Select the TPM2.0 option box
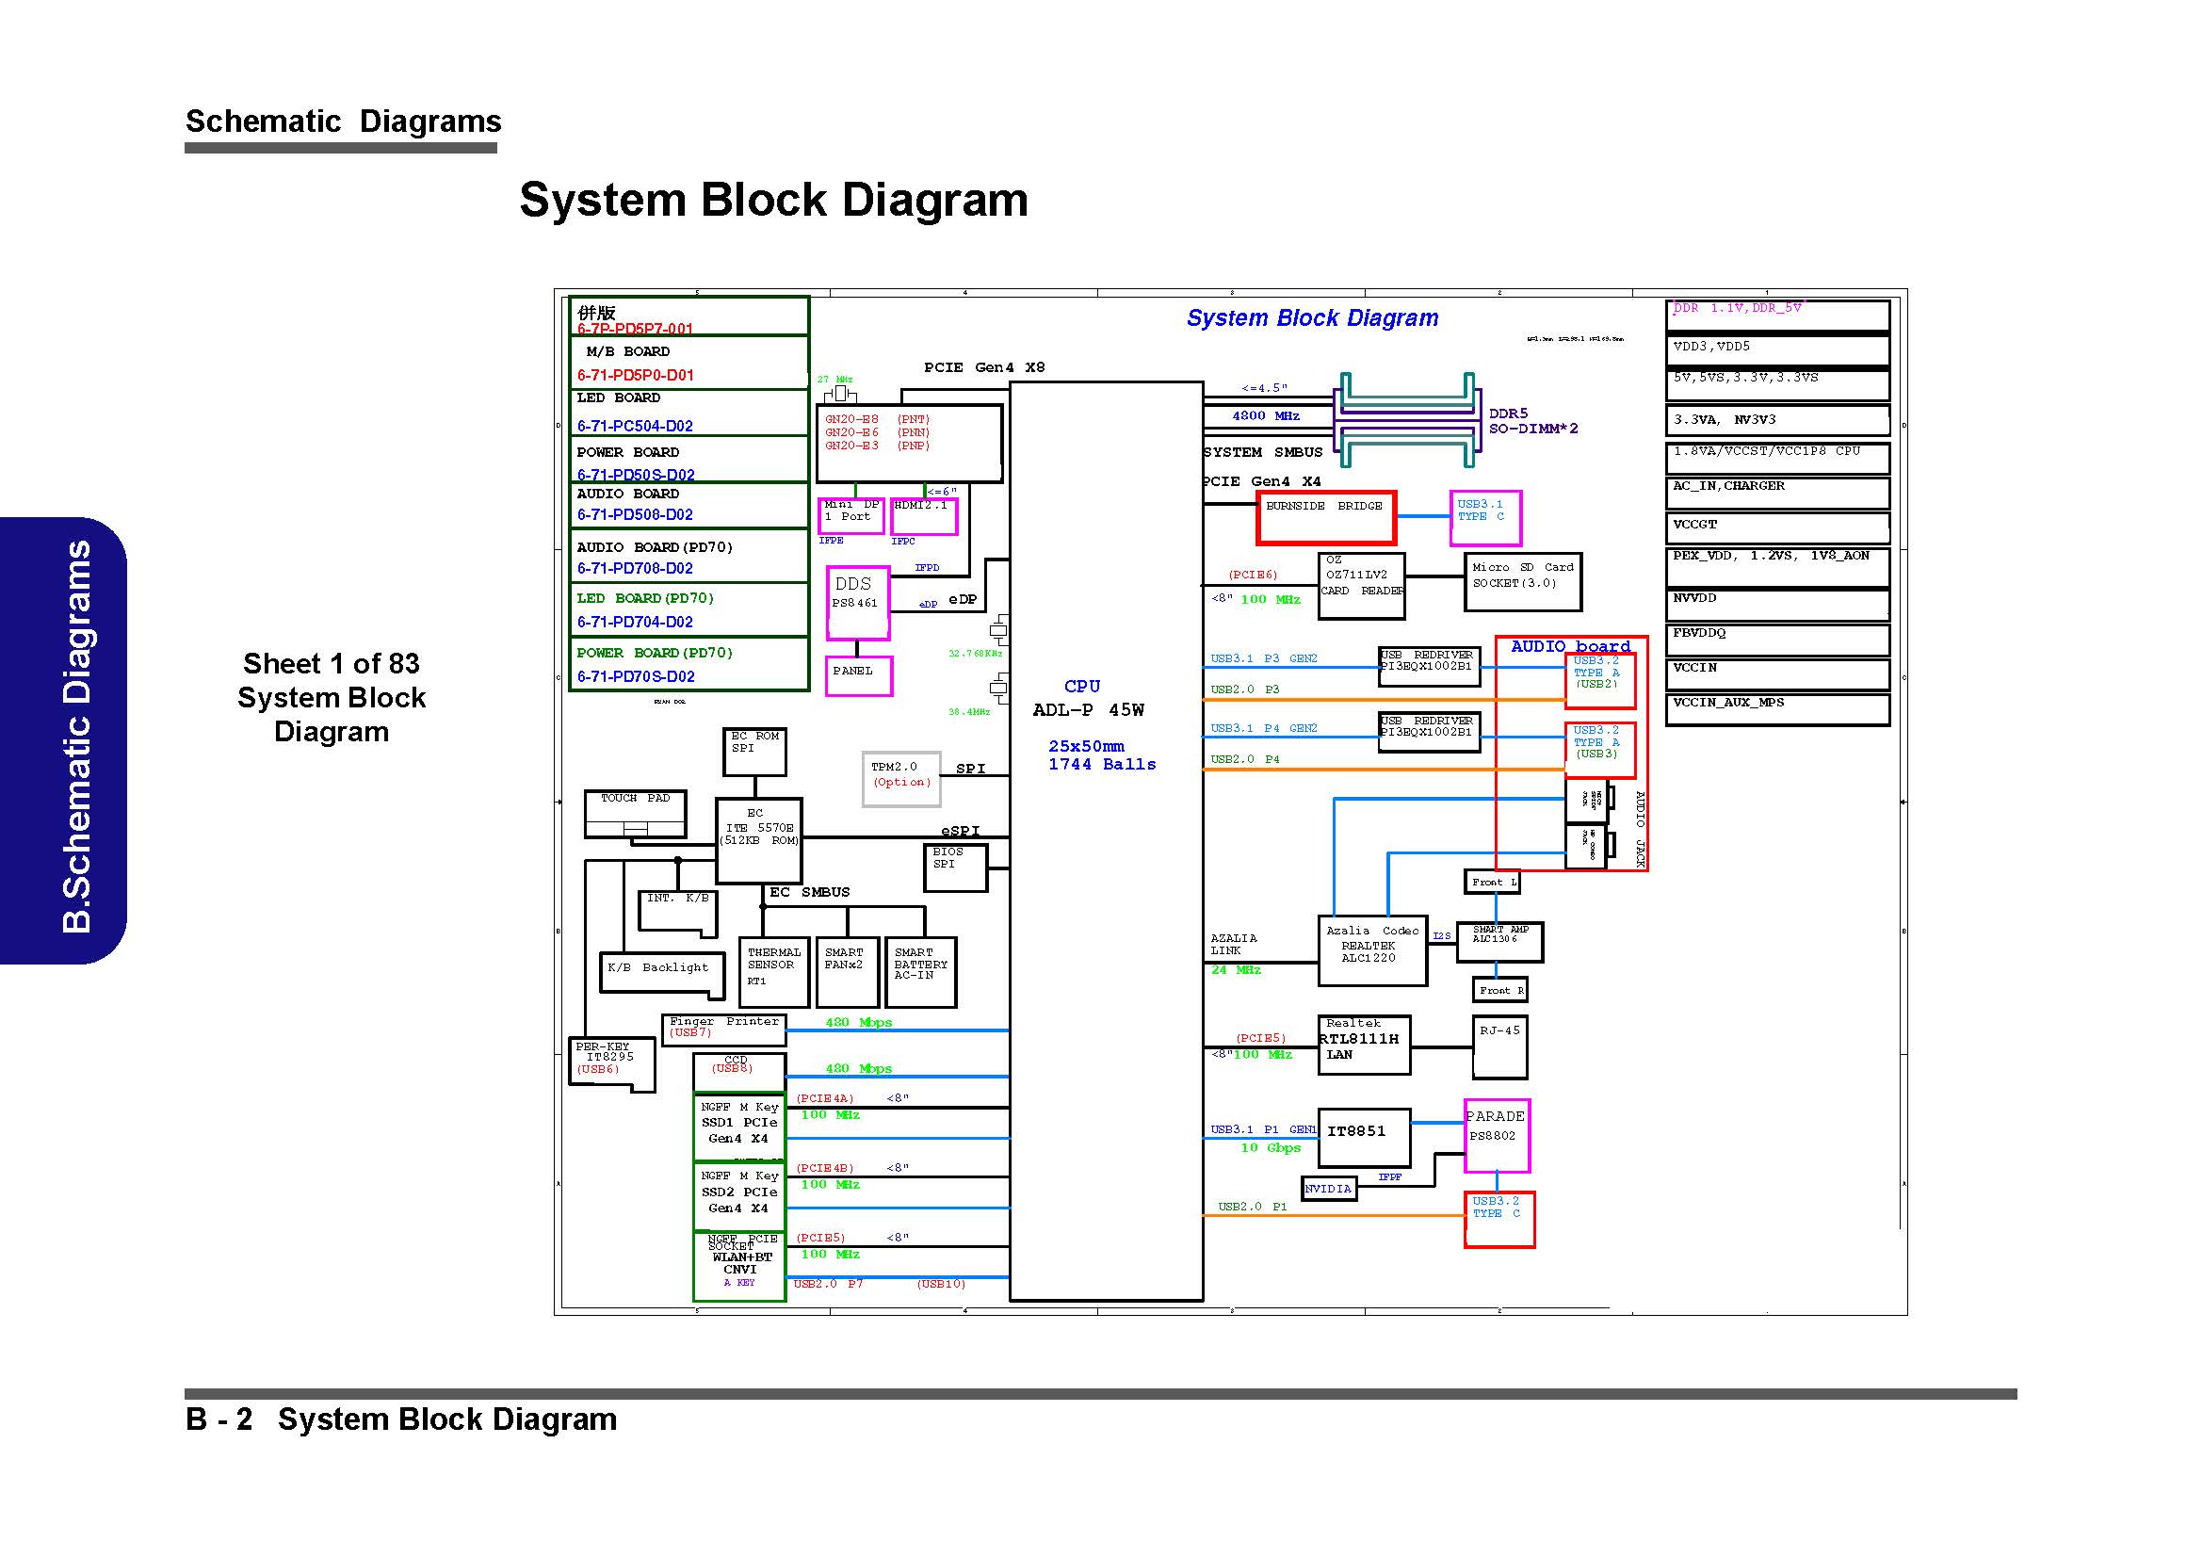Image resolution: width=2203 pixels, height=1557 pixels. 900,778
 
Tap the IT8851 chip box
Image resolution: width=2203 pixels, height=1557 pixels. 1364,1138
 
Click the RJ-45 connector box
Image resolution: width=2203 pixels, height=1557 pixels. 1498,1046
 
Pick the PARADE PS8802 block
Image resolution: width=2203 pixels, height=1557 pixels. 1496,1136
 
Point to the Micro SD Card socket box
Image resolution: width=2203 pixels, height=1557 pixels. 1522,581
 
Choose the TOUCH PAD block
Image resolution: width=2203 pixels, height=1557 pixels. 635,814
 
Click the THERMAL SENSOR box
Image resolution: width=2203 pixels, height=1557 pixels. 773,972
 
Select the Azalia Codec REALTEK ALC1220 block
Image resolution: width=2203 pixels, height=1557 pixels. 1372,949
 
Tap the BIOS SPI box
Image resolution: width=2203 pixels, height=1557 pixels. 954,867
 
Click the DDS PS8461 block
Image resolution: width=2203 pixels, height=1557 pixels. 858,603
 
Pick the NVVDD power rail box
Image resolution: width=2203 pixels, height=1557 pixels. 1777,605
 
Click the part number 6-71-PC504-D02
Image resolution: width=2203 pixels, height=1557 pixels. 634,426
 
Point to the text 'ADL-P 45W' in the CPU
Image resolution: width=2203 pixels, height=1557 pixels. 1088,710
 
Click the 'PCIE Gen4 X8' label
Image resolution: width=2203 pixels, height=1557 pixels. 983,367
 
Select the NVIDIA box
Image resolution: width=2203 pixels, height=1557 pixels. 1328,1189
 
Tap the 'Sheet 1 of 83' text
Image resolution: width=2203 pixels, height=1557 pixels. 331,663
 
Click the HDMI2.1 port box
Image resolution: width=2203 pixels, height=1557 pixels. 923,516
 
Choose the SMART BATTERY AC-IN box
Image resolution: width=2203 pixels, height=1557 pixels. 920,972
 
